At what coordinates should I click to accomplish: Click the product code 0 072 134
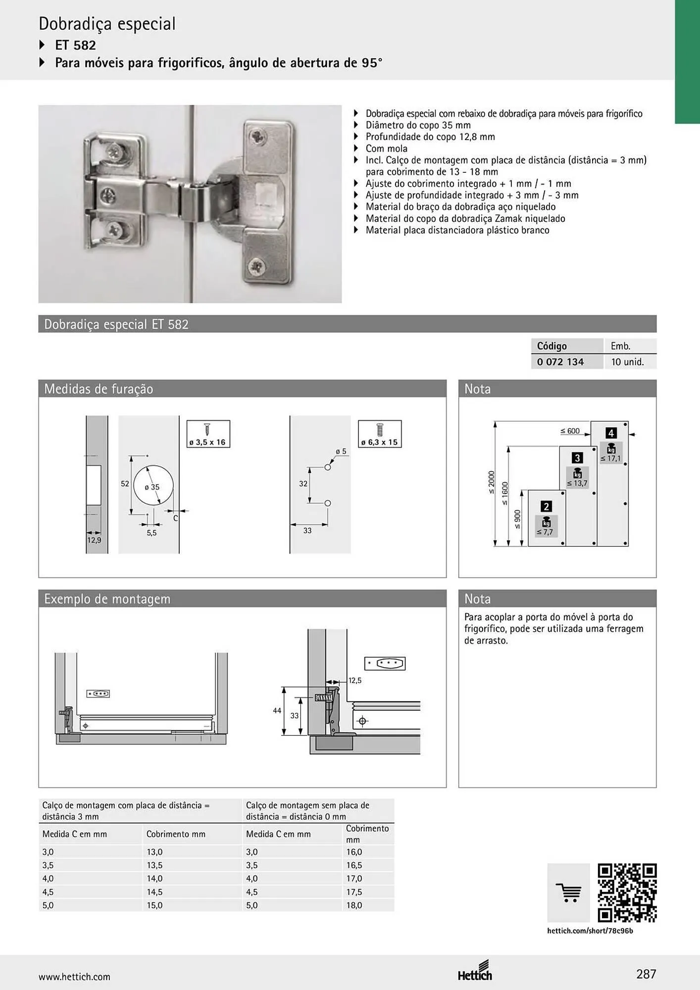pos(560,362)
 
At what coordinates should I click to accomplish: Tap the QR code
pos(627,892)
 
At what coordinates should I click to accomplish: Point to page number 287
pos(646,974)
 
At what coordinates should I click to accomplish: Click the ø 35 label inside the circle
pos(152,487)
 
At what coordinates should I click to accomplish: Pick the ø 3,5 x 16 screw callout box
pos(208,434)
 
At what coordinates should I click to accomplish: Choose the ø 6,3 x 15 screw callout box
pos(380,434)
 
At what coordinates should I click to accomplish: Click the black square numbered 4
pos(611,433)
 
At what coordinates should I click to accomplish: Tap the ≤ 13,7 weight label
pos(577,483)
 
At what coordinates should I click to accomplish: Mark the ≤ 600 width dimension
pos(570,431)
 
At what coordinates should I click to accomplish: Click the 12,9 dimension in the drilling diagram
pos(94,540)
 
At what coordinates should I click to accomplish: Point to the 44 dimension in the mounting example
pos(277,710)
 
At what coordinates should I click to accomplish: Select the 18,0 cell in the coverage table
pos(354,905)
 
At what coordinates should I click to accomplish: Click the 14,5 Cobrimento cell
pos(154,891)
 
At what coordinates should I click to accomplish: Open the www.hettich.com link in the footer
pos(74,977)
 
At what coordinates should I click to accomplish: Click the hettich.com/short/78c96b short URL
pos(590,931)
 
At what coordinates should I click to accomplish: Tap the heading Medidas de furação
pos(99,389)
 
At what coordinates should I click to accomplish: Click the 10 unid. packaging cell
pos(627,362)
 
